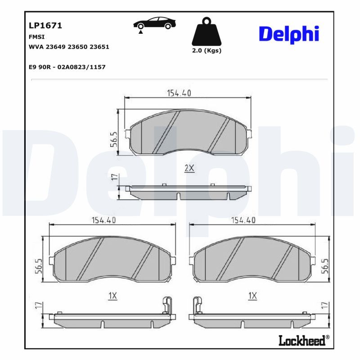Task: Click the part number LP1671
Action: [45, 26]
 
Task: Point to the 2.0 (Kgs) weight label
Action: [207, 50]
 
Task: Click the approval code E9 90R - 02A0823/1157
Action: [67, 67]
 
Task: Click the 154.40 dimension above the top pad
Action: [180, 93]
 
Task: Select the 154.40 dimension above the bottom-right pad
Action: [243, 220]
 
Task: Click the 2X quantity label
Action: [189, 168]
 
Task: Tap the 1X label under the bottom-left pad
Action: [112, 296]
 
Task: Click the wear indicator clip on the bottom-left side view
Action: [166, 305]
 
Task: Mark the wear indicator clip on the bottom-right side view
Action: [196, 305]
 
